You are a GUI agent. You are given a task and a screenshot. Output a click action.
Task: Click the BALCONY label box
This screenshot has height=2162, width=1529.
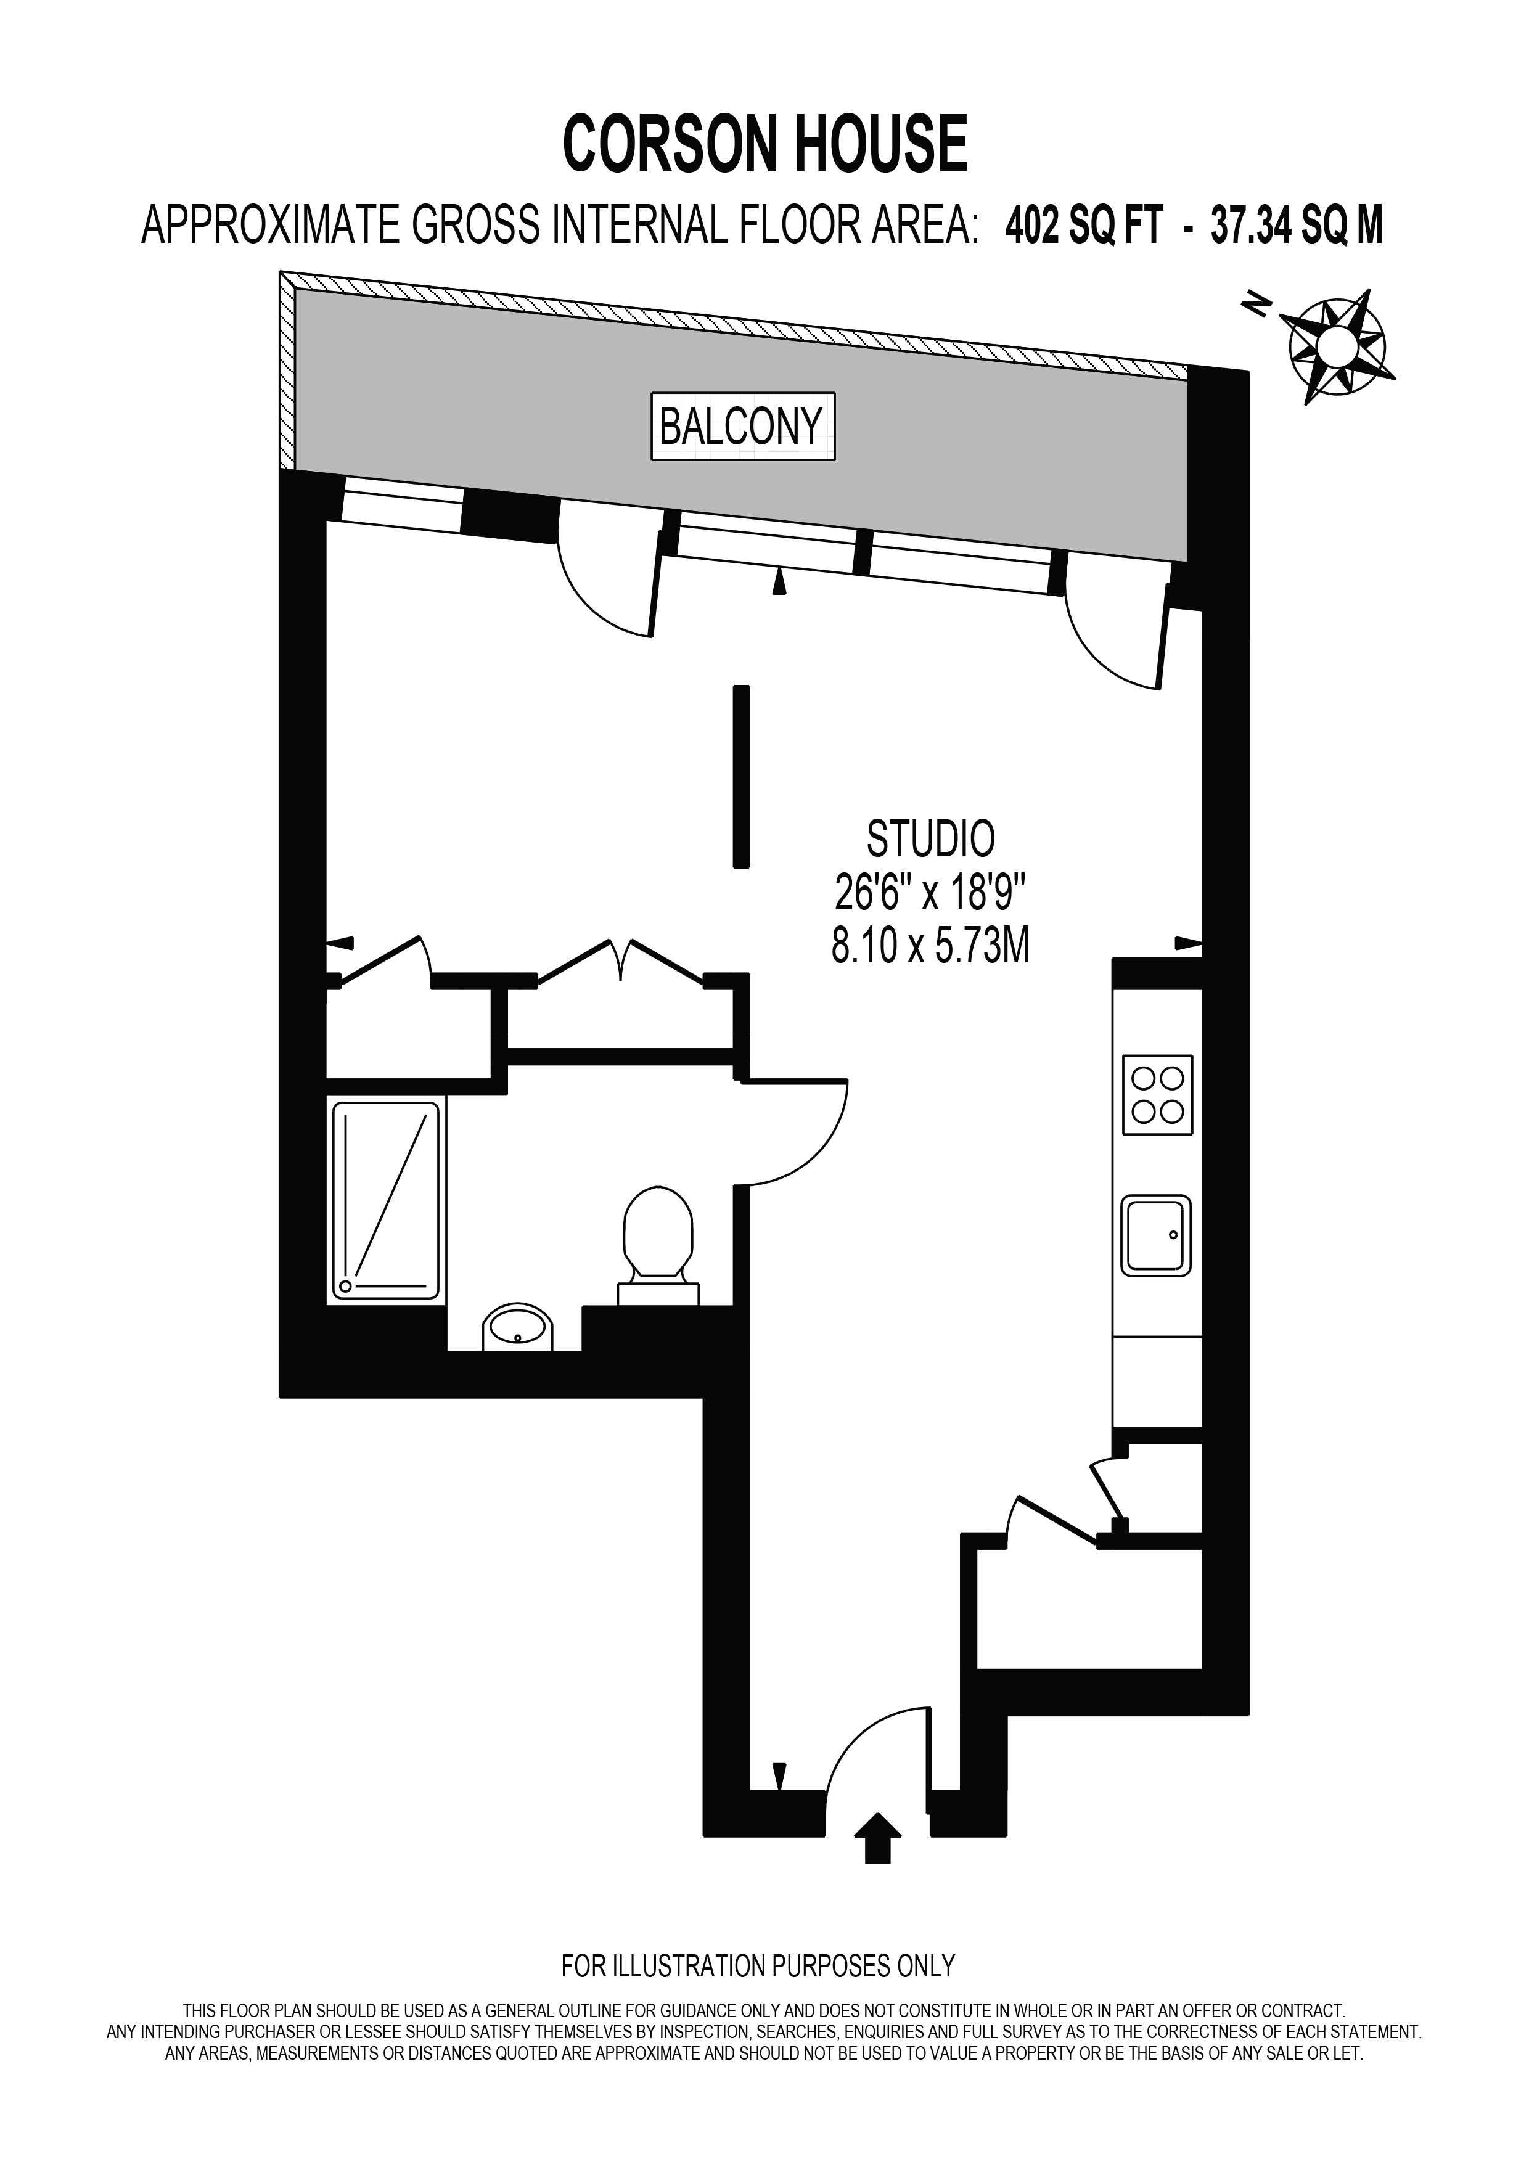pyautogui.click(x=743, y=427)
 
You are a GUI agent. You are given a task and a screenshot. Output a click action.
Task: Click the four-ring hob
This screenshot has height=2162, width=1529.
pyautogui.click(x=1157, y=1094)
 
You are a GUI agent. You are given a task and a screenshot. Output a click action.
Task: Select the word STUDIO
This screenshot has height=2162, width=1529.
pyautogui.click(x=930, y=840)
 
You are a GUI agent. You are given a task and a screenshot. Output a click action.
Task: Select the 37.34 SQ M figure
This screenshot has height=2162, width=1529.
pyautogui.click(x=1297, y=226)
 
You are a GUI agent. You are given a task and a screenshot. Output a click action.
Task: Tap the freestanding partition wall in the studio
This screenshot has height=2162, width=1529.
pyautogui.click(x=742, y=775)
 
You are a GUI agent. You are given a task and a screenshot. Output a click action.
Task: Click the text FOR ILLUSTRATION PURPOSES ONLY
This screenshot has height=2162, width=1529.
pyautogui.click(x=758, y=1966)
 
